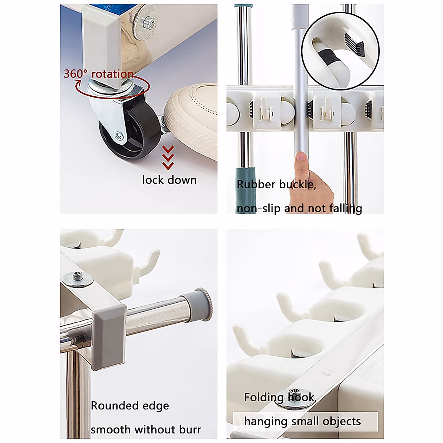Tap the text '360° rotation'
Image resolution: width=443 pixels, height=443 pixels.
(x=98, y=74)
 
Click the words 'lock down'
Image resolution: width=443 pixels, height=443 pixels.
(x=169, y=180)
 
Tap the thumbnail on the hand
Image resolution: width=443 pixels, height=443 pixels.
(x=302, y=157)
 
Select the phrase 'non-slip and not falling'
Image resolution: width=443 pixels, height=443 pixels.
(x=299, y=209)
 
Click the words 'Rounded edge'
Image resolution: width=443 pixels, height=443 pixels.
(x=130, y=406)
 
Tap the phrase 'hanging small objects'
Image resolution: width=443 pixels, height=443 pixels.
(x=302, y=421)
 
